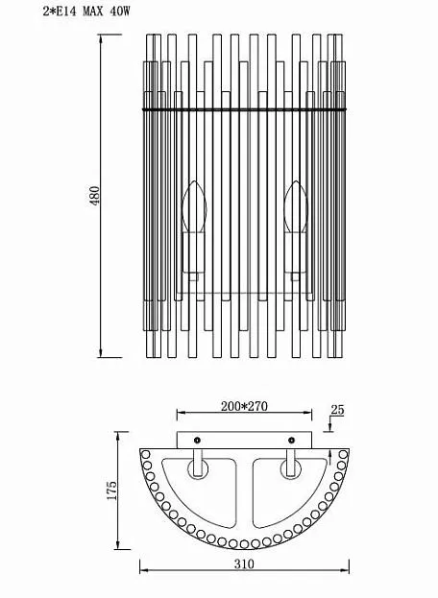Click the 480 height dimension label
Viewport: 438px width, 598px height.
pos(95,195)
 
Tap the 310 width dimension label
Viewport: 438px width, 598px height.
pos(244,563)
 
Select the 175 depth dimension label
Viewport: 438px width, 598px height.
pos(111,490)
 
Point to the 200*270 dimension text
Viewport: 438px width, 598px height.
pos(244,406)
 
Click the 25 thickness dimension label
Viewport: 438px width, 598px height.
pos(337,410)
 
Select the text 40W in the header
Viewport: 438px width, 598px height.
pos(120,12)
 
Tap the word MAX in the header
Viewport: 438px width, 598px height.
pos(93,12)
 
